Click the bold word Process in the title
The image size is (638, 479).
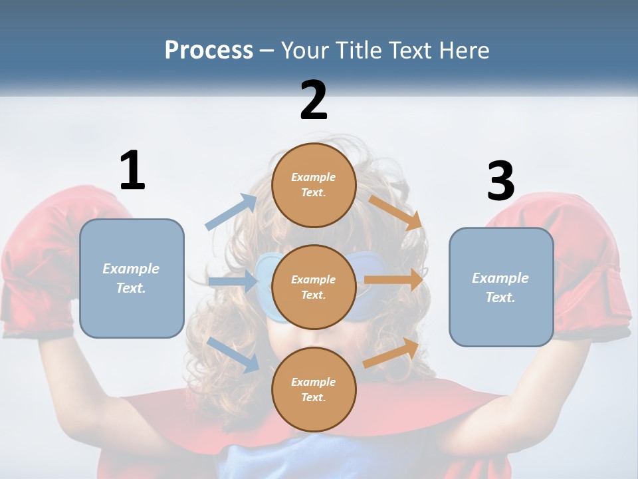click(209, 50)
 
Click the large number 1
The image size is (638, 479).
click(132, 171)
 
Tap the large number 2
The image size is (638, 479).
click(314, 100)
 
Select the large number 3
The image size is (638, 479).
click(501, 181)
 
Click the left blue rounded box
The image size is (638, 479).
click(132, 278)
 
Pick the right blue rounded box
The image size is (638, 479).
click(501, 287)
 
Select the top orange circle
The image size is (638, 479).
click(314, 184)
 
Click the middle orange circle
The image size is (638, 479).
click(314, 287)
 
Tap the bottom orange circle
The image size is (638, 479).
click(314, 389)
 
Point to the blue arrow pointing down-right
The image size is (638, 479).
click(233, 354)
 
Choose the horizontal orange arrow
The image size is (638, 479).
click(393, 280)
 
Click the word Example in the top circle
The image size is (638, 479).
click(314, 177)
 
